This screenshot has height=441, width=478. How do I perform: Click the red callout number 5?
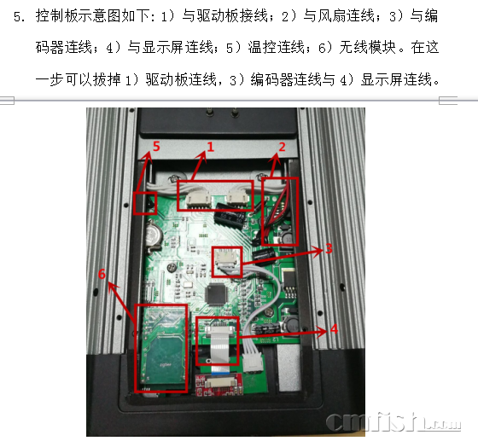(x=156, y=147)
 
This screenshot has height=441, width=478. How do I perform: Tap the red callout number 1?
(x=211, y=147)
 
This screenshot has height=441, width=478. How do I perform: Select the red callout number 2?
(x=282, y=147)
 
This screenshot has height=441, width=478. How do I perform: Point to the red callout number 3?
(x=329, y=248)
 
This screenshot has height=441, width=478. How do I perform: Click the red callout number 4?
(x=334, y=329)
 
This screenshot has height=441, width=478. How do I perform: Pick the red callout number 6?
(x=102, y=274)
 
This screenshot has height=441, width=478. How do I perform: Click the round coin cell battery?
(x=154, y=235)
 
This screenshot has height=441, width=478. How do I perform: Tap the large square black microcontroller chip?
(x=217, y=294)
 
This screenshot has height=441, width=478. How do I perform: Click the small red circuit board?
(x=219, y=385)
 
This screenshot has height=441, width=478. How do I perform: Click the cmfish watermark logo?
(x=393, y=422)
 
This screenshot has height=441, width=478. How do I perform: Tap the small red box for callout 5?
(x=145, y=203)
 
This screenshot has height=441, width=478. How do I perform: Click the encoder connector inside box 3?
(x=225, y=258)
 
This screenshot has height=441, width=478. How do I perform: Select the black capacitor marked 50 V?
(x=229, y=217)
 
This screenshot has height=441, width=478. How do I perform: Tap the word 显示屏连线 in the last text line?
(x=396, y=80)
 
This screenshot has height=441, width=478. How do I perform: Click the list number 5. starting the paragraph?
(x=20, y=16)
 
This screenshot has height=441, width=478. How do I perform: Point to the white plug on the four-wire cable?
(x=253, y=363)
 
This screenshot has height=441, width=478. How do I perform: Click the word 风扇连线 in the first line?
(x=347, y=15)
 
